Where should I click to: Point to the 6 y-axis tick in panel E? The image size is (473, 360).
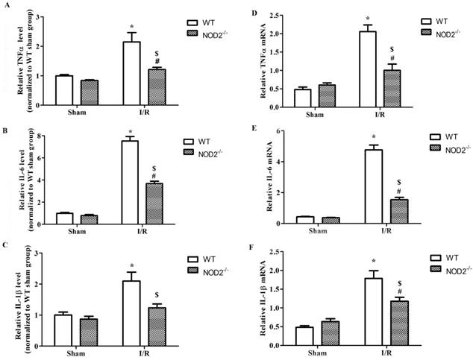tap(284, 132)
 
